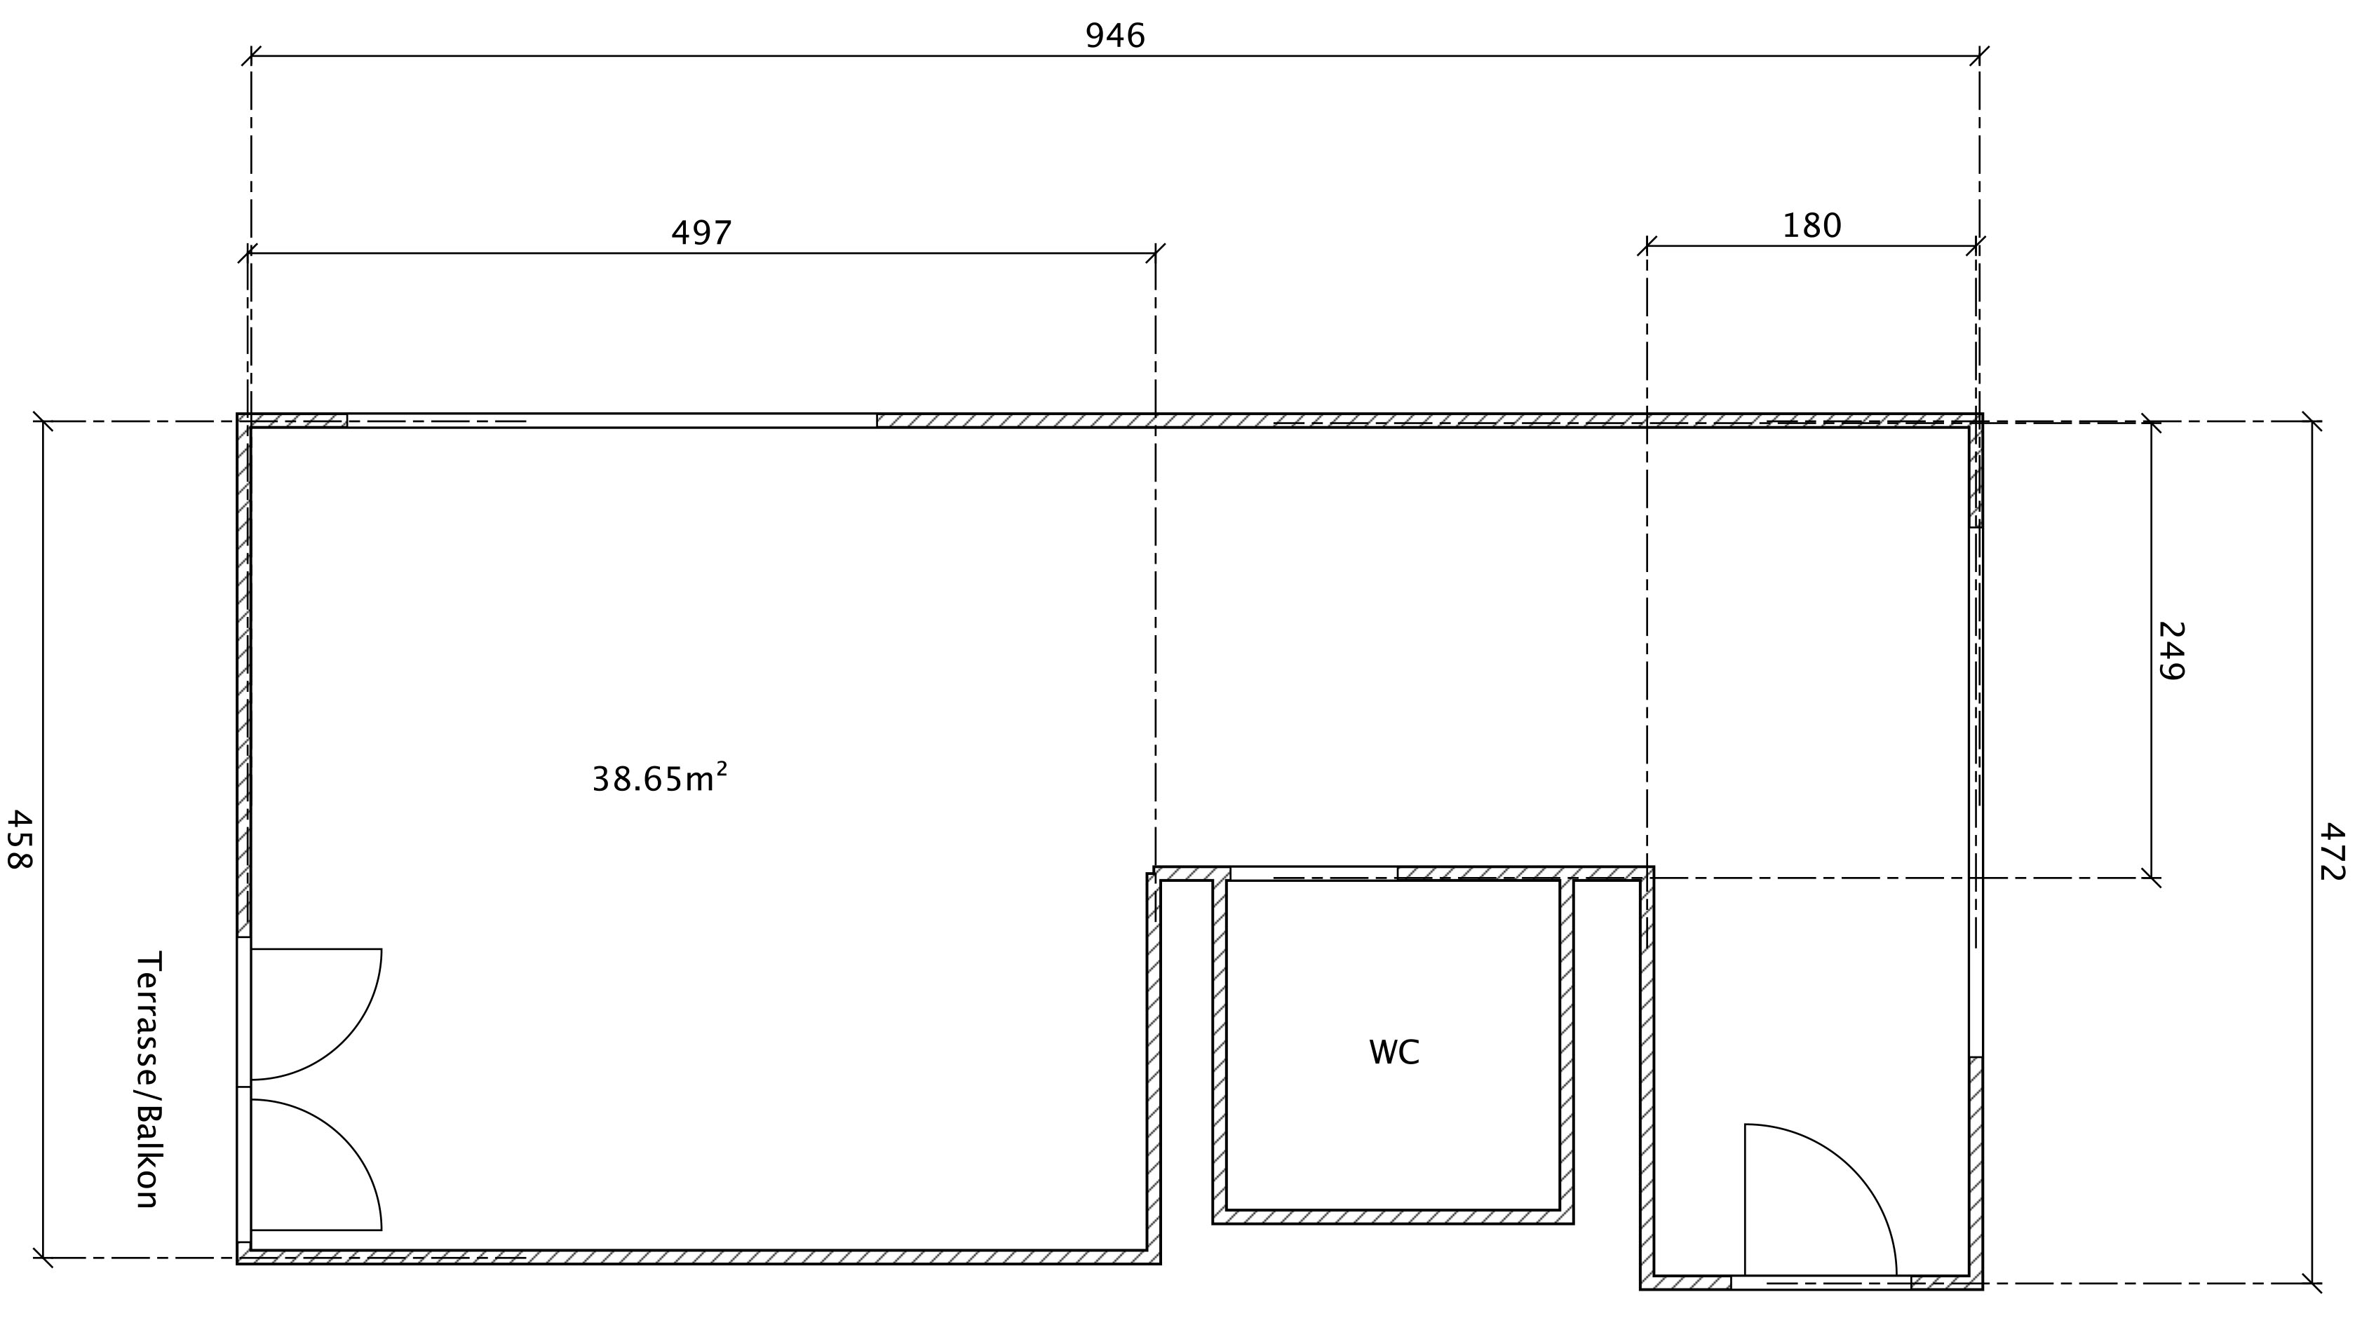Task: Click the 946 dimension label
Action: tap(1114, 36)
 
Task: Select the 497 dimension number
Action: tap(702, 233)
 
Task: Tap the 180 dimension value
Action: tap(1811, 226)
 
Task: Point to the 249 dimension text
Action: tap(2170, 651)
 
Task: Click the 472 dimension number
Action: tap(2332, 852)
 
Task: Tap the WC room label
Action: tap(1394, 1052)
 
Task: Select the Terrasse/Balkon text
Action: tap(147, 1080)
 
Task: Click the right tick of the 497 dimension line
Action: tap(1156, 253)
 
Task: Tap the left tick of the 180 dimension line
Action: tap(1647, 246)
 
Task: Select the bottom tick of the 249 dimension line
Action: tap(2151, 878)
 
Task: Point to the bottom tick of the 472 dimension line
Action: tap(2312, 1284)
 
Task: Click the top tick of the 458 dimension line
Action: tap(43, 422)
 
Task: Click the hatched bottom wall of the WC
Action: tap(1393, 1217)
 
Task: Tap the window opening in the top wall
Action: tap(612, 421)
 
